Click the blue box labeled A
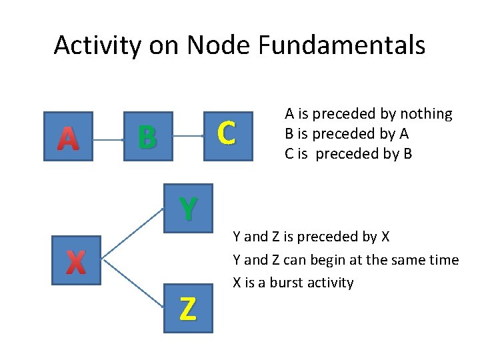tap(67, 137)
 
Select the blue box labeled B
tap(149, 136)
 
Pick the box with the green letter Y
tap(188, 208)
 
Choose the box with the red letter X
tap(76, 261)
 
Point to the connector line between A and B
tap(108, 140)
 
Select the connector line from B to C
tap(188, 136)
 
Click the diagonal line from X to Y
tap(133, 231)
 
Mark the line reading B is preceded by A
tap(347, 133)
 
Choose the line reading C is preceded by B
tap(349, 153)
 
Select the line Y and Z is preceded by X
tap(311, 237)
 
